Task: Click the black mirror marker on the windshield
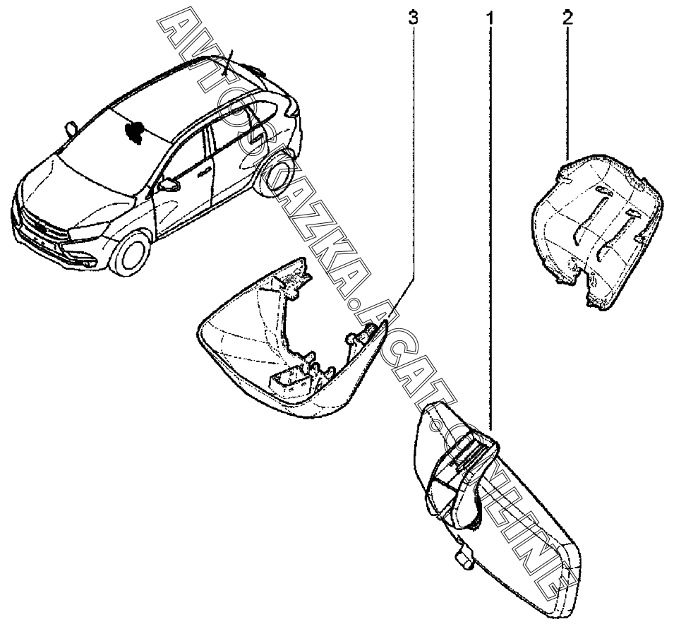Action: [x=134, y=130]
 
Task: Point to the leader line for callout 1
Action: [x=489, y=212]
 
